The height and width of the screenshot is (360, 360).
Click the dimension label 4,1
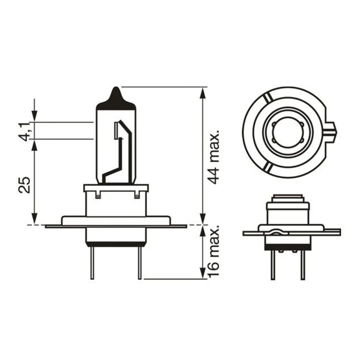(x=25, y=132)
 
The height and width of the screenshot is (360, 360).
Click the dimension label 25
(x=24, y=185)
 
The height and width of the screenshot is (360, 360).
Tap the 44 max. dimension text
(x=213, y=157)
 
